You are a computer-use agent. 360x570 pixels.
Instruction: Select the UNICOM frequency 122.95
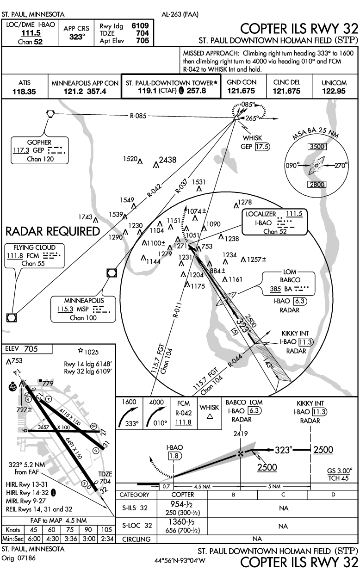[x=335, y=91]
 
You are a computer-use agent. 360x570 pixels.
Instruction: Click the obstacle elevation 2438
[x=167, y=160]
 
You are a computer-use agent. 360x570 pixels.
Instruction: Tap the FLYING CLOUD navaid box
[x=34, y=255]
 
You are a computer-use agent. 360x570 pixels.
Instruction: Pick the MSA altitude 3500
[x=317, y=147]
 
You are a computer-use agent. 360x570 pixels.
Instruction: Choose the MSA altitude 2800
[x=317, y=184]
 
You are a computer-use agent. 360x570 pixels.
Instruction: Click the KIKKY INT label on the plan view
[x=296, y=334]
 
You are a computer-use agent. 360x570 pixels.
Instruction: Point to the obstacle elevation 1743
[x=86, y=217]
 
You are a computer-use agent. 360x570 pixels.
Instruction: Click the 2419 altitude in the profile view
[x=240, y=434]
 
